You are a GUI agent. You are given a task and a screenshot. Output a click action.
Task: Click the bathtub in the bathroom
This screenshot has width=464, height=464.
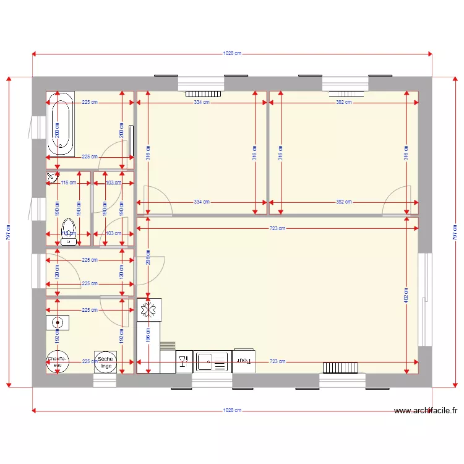(61, 127)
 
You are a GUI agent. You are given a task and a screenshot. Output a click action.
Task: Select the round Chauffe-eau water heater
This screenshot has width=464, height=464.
(57, 363)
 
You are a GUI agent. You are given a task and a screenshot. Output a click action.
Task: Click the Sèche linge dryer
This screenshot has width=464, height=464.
(105, 363)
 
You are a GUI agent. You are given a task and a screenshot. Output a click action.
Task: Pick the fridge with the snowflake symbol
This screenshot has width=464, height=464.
(149, 310)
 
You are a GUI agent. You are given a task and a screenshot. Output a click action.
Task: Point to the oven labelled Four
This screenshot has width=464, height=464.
(244, 361)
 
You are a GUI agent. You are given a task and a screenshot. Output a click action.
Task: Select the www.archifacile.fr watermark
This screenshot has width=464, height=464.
(425, 410)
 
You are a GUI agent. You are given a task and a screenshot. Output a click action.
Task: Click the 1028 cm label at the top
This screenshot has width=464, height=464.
(232, 54)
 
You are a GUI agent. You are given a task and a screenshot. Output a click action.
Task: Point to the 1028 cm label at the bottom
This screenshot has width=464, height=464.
(232, 410)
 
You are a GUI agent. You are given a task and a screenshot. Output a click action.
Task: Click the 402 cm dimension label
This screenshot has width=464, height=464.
(406, 296)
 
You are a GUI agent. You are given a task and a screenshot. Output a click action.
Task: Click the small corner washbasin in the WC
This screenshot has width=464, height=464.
(51, 178)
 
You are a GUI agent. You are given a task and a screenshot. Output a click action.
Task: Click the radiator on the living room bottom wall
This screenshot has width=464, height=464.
(340, 368)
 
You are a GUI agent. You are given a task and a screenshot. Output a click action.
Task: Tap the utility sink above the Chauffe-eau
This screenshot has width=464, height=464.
(57, 322)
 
